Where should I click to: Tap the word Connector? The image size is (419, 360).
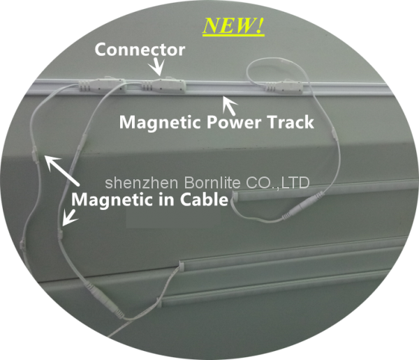[140, 50]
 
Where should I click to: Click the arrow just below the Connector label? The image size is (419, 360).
[159, 67]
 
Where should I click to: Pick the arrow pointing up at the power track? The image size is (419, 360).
[227, 105]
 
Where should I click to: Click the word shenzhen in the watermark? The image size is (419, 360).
[135, 183]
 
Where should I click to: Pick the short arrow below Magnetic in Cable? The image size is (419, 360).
[68, 218]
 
